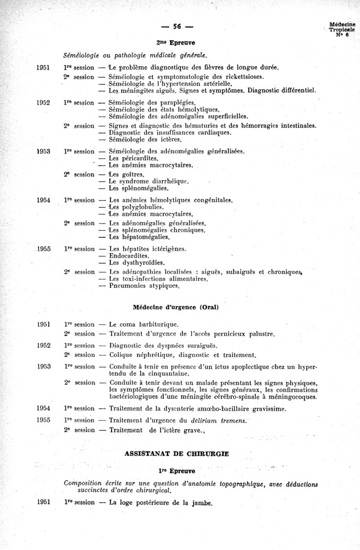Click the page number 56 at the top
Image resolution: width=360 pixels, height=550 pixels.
coord(176,27)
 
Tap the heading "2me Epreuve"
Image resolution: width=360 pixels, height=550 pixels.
coord(176,43)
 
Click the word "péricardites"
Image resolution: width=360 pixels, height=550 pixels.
coord(139,158)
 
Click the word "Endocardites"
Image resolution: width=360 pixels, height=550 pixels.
coord(130,256)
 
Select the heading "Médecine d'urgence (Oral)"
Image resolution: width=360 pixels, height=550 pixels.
coord(176,307)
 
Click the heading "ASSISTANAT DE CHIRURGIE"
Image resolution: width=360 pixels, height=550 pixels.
coord(176,454)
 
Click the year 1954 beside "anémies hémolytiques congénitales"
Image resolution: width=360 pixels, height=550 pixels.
coord(43,200)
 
